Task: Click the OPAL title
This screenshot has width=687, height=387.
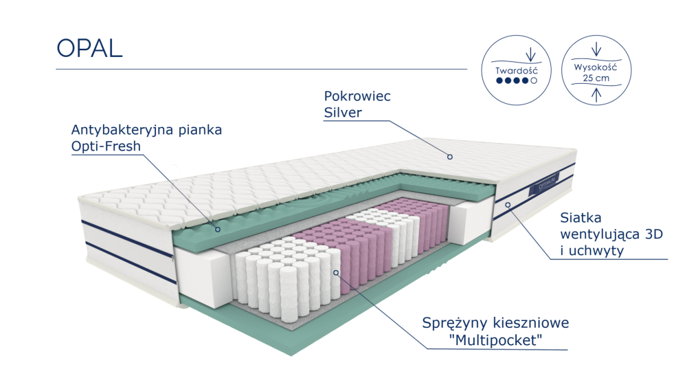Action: point(89,48)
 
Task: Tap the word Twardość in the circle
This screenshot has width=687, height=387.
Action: point(516,71)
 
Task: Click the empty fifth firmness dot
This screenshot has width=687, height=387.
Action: point(534,80)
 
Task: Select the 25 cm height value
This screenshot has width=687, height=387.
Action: point(596,78)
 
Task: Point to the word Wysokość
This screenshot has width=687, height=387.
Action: point(596,67)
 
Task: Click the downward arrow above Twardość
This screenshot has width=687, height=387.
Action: point(530,54)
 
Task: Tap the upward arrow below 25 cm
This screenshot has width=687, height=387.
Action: point(596,95)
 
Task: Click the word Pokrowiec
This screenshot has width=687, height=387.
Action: point(357,96)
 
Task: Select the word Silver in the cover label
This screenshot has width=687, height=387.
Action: point(343,113)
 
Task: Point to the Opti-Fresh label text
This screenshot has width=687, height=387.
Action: point(106,146)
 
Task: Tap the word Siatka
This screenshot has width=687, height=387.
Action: point(581,218)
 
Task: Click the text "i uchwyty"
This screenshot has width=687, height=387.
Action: point(592,251)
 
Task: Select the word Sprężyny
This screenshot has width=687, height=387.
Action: point(454,324)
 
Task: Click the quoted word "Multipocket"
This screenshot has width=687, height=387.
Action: point(496,340)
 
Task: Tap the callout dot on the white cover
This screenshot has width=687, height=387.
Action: point(450,157)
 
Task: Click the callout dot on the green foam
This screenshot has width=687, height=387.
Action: point(217,229)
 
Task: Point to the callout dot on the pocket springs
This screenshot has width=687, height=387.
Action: point(336,273)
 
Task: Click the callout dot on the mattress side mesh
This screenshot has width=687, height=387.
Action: point(508,205)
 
